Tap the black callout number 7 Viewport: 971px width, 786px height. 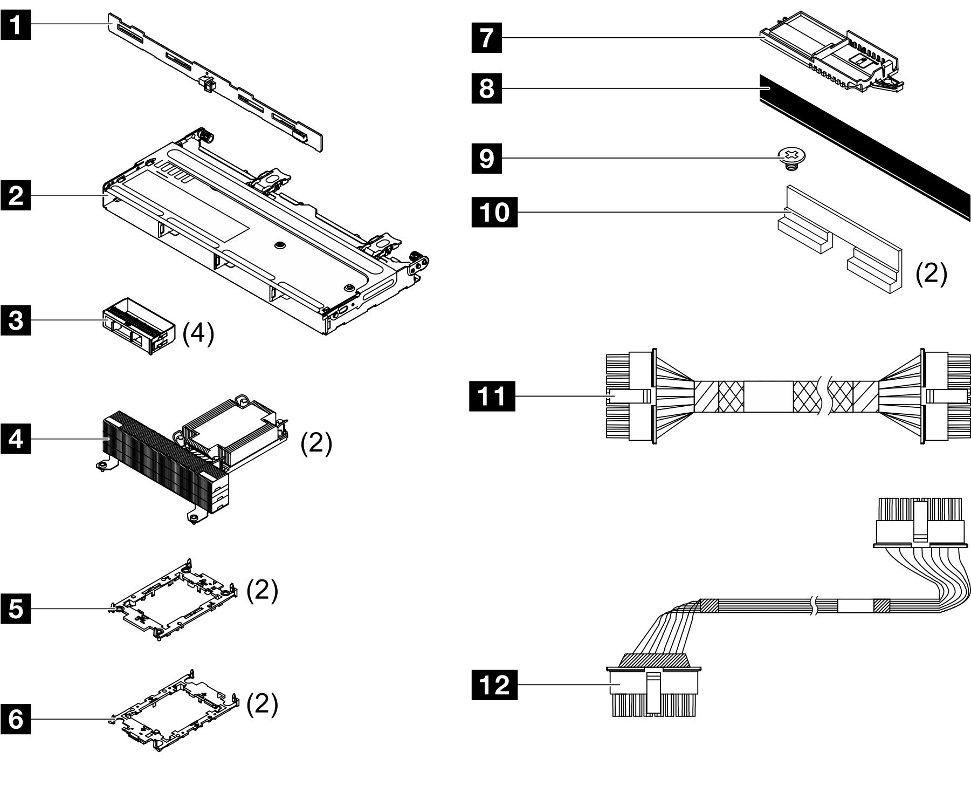486,37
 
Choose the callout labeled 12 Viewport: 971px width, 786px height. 494,685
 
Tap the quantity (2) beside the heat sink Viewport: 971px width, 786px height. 316,443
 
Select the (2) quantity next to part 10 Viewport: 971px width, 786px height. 931,274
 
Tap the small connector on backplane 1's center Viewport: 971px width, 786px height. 207,84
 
